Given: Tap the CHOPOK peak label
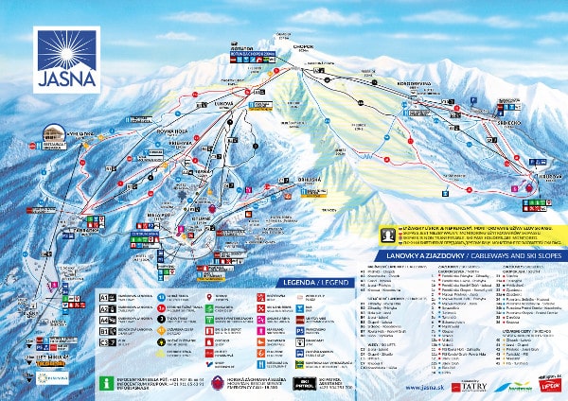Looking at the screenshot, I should click(x=280, y=44).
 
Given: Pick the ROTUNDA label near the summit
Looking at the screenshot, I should click(x=239, y=47).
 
